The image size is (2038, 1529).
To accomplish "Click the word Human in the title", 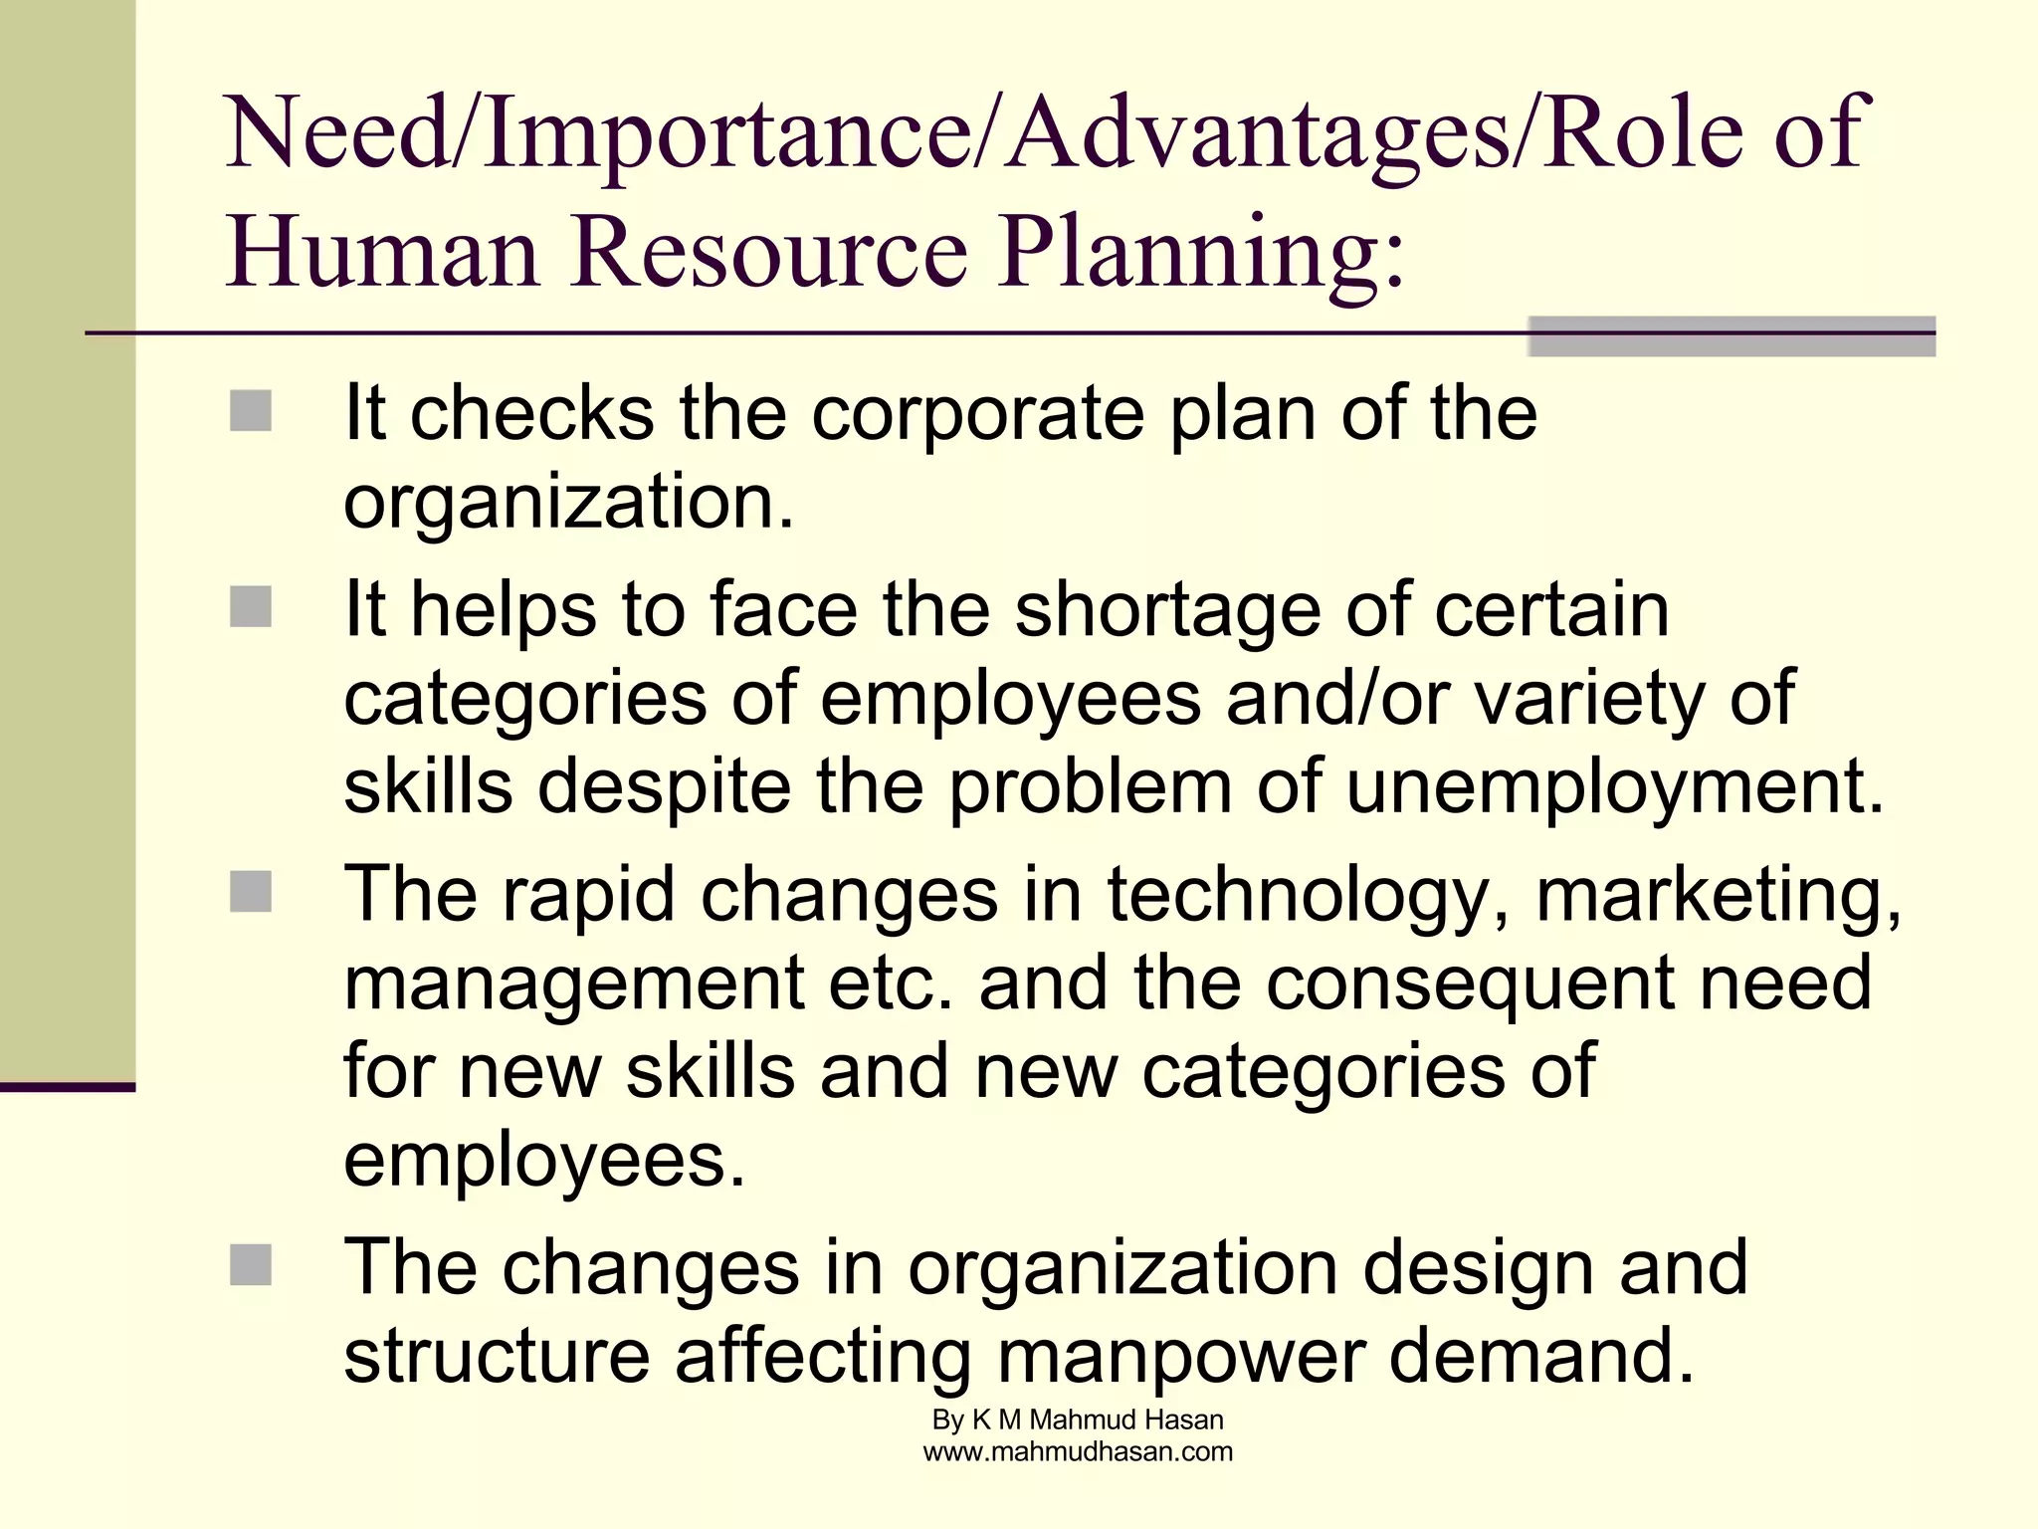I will (382, 250).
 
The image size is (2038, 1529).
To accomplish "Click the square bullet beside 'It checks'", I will (251, 411).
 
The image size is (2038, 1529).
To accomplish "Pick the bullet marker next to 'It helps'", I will (251, 607).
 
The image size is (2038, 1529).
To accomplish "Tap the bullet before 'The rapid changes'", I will (251, 892).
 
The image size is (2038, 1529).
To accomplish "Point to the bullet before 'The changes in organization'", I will (251, 1265).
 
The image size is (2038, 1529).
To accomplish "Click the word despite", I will (665, 787).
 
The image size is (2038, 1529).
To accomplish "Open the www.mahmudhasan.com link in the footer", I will (1078, 1451).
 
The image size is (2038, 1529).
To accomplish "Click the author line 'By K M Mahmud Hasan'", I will (1078, 1420).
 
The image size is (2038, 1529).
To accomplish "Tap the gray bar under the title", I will (1731, 336).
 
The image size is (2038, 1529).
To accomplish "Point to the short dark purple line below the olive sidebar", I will (67, 1087).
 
